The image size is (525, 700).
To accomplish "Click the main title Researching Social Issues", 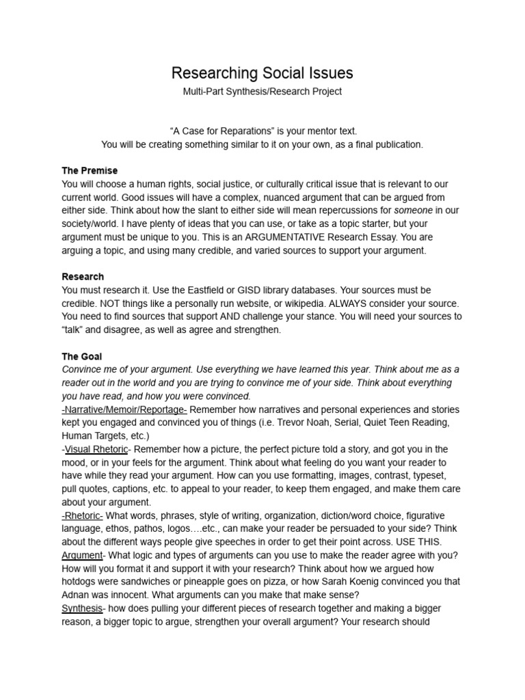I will click(x=262, y=73).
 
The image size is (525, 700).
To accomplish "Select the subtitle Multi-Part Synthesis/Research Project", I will click(x=262, y=92).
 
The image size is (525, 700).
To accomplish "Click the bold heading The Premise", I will click(x=90, y=170).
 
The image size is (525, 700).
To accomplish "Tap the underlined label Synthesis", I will click(x=82, y=609).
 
